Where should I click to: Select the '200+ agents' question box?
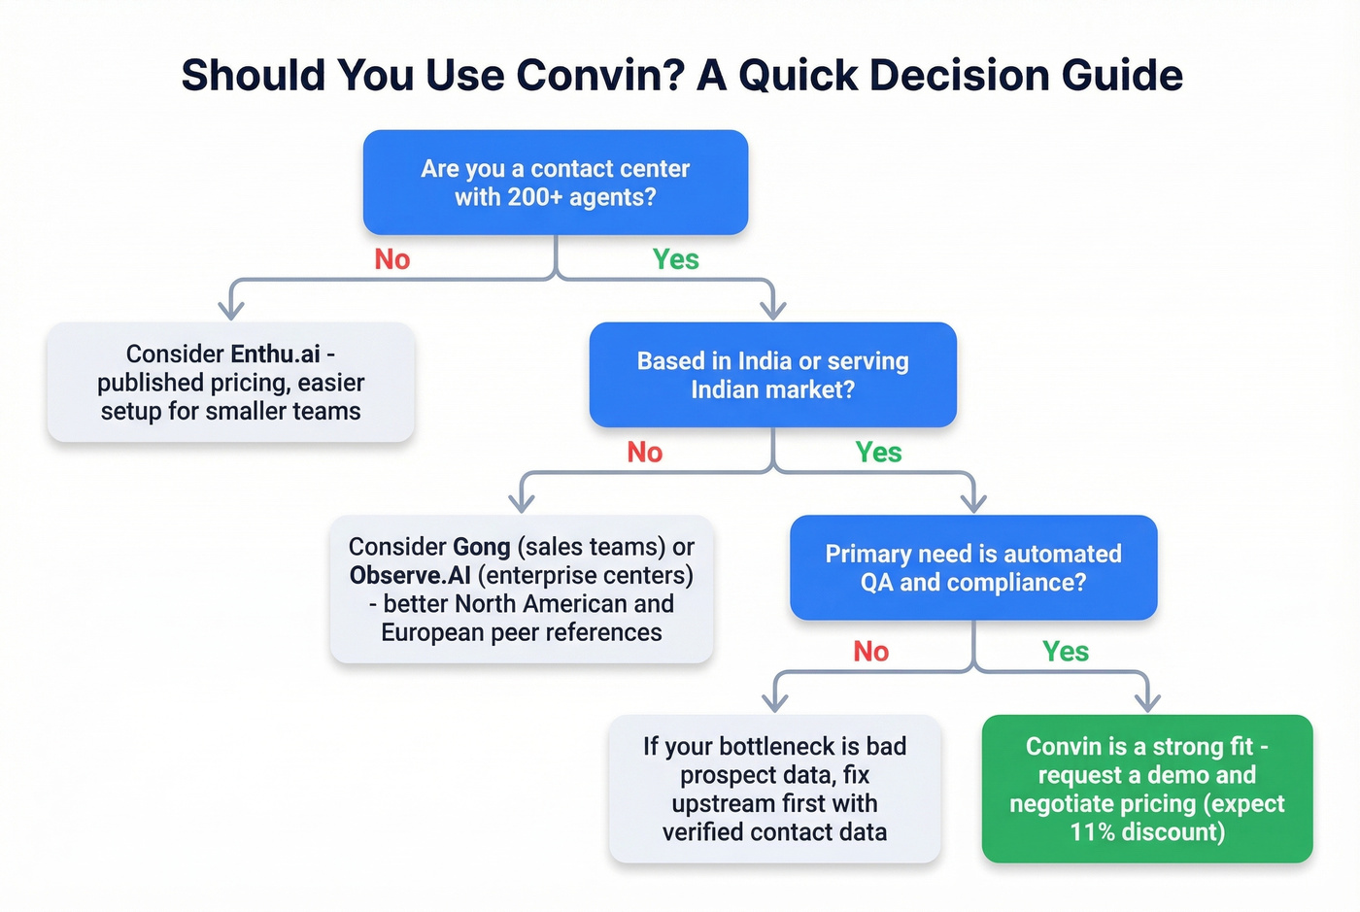(x=555, y=183)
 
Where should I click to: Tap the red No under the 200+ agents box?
(x=392, y=259)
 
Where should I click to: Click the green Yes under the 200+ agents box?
(x=675, y=259)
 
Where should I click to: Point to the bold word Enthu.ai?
(x=275, y=354)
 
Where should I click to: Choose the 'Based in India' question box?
(x=772, y=375)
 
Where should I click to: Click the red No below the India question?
(x=644, y=452)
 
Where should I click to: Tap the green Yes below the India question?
(x=878, y=452)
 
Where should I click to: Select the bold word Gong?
(x=481, y=547)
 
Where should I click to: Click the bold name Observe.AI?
(x=410, y=575)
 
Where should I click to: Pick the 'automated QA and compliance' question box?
(x=972, y=567)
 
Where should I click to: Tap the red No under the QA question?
(x=870, y=651)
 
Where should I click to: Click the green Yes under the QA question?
(x=1065, y=651)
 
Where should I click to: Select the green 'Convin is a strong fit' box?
(x=1146, y=789)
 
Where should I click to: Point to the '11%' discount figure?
(x=1092, y=832)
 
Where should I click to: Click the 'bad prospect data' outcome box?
(x=774, y=789)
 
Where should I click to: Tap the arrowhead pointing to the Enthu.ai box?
(x=231, y=310)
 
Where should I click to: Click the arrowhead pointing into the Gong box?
(x=522, y=503)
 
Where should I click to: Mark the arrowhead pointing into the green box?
(x=1147, y=702)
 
